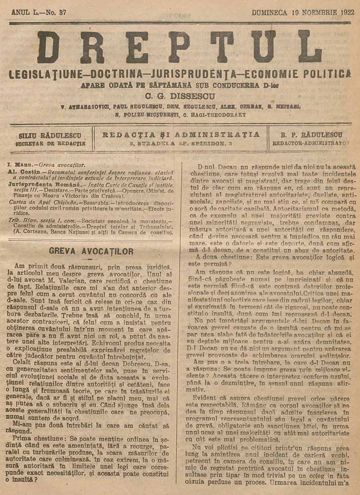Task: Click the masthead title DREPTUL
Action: [180, 48]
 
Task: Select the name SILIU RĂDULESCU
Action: [50, 135]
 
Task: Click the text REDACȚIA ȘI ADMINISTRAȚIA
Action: [180, 134]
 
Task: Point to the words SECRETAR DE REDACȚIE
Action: [50, 144]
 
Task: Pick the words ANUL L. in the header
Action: [27, 13]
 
